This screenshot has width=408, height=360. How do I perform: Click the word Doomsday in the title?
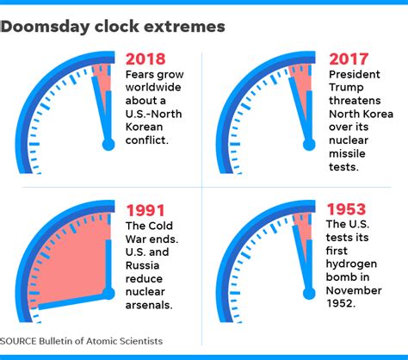(45, 27)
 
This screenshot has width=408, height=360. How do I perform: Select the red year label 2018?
(145, 59)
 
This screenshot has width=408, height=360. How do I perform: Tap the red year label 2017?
(349, 59)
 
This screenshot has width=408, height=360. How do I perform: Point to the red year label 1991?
(145, 210)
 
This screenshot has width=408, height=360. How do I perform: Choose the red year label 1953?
(347, 209)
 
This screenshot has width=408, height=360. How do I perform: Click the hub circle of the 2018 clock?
(108, 145)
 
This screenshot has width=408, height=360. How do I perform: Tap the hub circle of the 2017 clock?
(309, 145)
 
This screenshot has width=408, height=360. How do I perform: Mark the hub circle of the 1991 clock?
(108, 294)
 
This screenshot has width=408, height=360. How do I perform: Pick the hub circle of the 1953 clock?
(309, 294)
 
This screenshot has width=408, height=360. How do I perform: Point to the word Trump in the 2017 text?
(346, 87)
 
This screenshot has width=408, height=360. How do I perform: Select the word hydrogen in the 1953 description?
(351, 264)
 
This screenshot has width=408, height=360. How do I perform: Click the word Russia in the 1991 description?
(142, 265)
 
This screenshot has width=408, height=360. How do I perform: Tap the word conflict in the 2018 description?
(147, 140)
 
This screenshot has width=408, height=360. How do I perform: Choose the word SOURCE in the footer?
(18, 341)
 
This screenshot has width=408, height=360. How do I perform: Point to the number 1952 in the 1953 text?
(341, 303)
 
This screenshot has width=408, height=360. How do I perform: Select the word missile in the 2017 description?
(347, 153)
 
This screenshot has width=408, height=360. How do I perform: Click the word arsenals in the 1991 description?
(149, 305)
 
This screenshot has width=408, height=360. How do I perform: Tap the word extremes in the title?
(184, 27)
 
